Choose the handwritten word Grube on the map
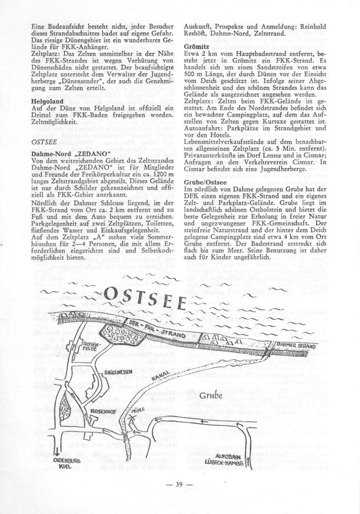pos(211,397)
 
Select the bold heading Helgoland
pos(46,102)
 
